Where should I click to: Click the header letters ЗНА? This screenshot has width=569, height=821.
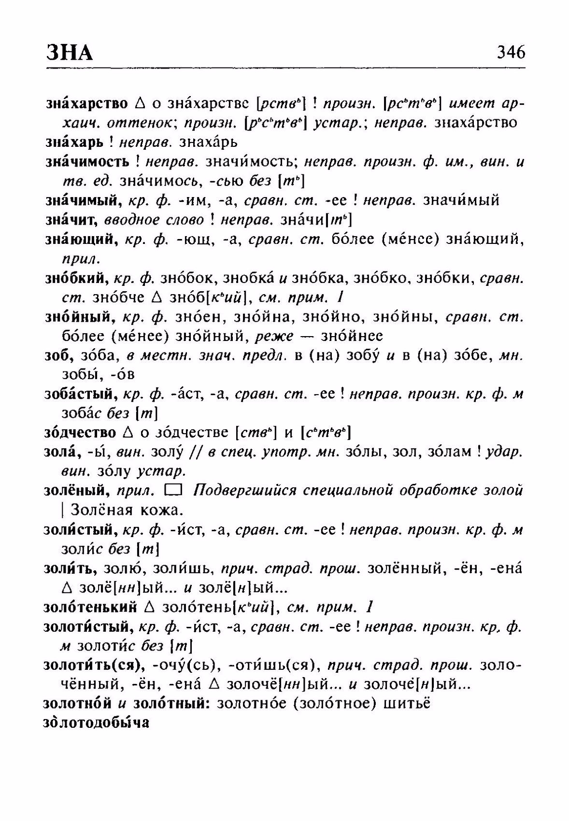pos(70,52)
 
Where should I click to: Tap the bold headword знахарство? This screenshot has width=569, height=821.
pos(87,103)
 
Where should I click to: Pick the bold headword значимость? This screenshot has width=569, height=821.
pos(87,162)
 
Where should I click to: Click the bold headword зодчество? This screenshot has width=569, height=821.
pos(80,432)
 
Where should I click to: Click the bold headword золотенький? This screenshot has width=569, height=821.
pos(90,607)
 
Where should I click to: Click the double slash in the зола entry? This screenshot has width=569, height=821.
pos(197,452)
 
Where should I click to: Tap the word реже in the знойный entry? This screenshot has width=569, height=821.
pos(274,336)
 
